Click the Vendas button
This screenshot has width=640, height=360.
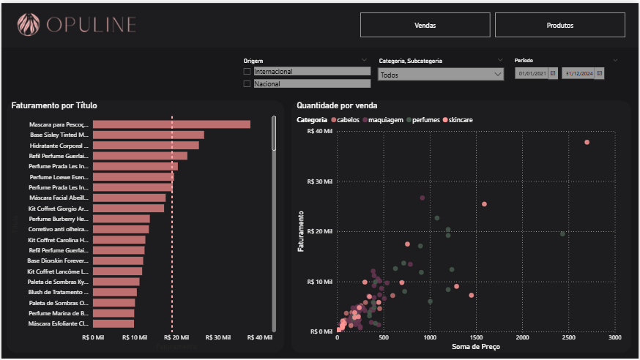click(x=425, y=25)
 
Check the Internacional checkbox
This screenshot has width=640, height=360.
click(x=247, y=72)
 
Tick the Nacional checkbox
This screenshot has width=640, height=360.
click(x=247, y=84)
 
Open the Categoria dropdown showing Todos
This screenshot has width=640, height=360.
click(x=441, y=75)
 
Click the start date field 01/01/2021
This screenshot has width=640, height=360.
click(x=532, y=73)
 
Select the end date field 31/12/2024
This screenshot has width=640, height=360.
click(x=578, y=73)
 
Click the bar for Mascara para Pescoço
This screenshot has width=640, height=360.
click(x=171, y=124)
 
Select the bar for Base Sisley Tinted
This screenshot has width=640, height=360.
click(x=148, y=135)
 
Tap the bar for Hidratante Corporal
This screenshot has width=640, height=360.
click(x=145, y=146)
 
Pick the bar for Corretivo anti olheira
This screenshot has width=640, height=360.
click(x=120, y=229)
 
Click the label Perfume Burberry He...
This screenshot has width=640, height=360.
click(x=59, y=219)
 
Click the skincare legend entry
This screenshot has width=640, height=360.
click(x=461, y=119)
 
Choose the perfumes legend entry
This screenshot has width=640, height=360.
click(x=425, y=119)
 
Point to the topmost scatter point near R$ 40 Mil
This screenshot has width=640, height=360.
click(x=587, y=142)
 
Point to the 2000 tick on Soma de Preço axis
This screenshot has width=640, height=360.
click(x=522, y=338)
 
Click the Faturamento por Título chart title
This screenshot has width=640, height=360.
click(x=54, y=105)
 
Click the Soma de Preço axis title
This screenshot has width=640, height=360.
click(x=476, y=347)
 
